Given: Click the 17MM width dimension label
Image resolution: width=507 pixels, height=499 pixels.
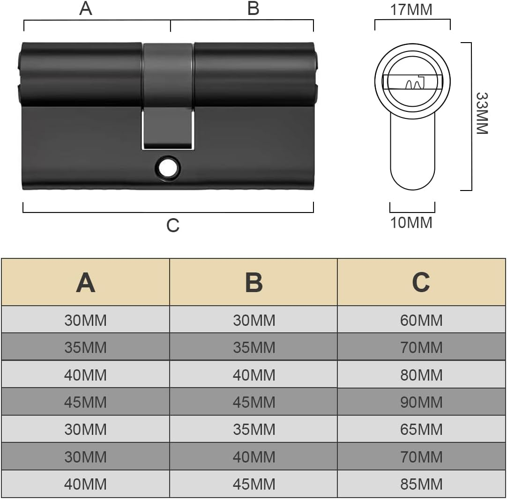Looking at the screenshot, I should point(411,9).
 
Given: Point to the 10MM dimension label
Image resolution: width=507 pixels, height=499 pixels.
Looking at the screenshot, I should point(411,222).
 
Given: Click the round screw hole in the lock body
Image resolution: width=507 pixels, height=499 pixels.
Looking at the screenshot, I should point(166,168).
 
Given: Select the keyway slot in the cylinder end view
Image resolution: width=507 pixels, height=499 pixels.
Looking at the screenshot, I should point(412,82).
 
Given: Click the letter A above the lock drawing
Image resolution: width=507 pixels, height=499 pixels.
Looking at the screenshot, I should point(86,8).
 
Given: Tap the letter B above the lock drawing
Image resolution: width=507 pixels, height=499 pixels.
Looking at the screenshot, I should point(253,8).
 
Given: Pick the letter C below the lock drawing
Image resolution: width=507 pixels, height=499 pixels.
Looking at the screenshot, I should point(173,225).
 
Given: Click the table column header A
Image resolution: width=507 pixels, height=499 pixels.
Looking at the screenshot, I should point(85,282).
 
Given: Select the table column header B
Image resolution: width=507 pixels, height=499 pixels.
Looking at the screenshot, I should point(253,282).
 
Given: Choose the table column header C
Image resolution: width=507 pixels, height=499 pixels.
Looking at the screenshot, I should point(421,282).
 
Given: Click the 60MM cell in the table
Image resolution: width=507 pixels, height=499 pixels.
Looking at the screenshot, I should point(421,320).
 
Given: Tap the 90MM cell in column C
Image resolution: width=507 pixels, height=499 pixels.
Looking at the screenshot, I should point(421,402).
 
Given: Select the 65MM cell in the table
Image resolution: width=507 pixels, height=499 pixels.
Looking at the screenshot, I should point(421,429).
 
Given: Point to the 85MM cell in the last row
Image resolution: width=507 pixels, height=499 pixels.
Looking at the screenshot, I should point(421,484).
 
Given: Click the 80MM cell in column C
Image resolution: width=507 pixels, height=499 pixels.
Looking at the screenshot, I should point(421,375).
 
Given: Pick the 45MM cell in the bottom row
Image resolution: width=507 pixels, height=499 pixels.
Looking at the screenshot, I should point(253,484).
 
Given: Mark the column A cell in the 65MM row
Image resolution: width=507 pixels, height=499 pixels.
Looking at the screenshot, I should point(85,429).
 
